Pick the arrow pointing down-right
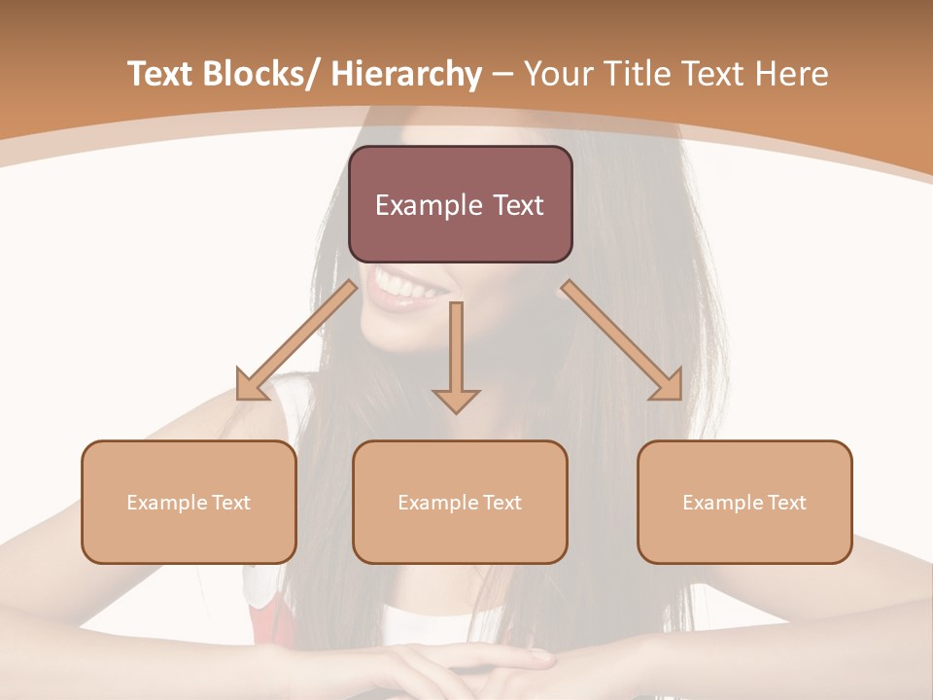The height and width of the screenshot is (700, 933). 622,340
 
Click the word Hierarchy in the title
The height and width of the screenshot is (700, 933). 406,74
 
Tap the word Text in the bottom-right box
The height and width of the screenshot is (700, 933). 786,503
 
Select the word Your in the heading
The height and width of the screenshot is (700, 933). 557,74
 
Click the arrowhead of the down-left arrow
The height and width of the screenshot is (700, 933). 250,386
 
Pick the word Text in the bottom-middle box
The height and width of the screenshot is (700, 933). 501,503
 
